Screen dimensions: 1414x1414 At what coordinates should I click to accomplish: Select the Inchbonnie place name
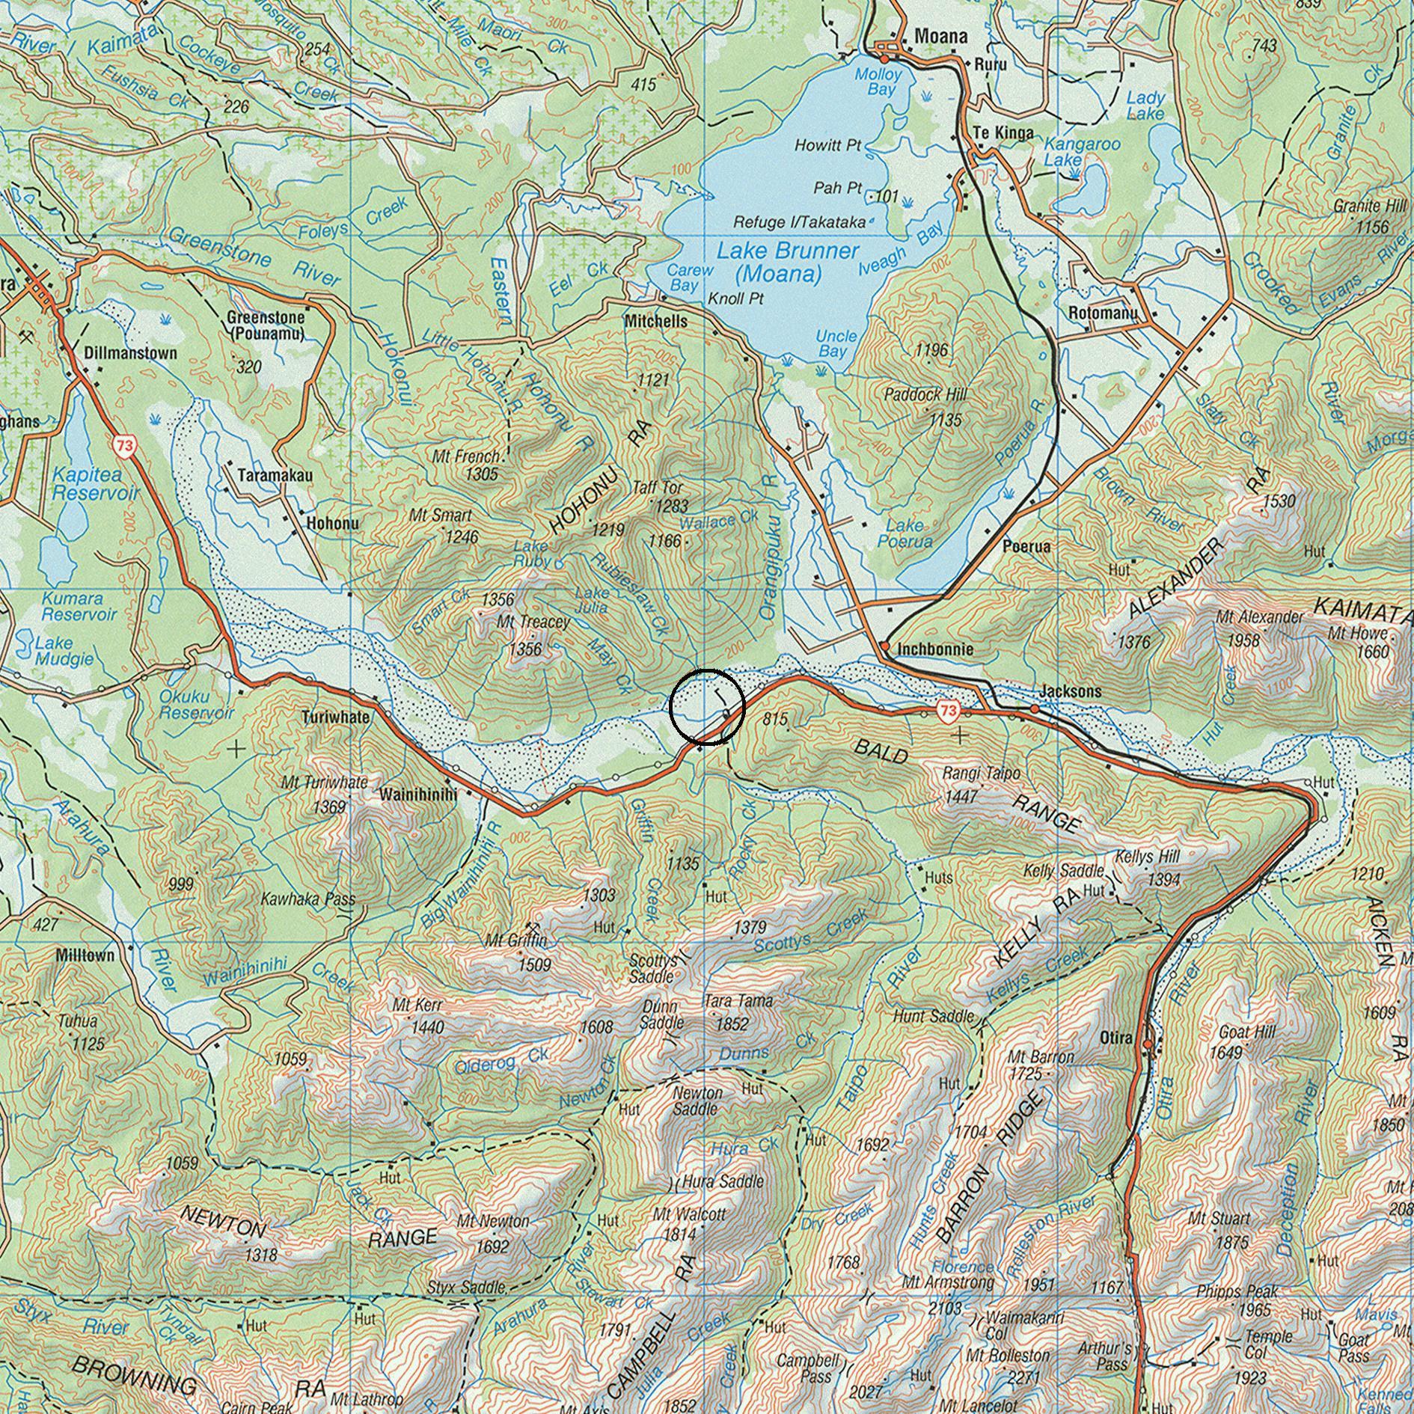pyautogui.click(x=935, y=649)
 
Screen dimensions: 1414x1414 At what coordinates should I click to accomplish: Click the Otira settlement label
pyautogui.click(x=1119, y=1040)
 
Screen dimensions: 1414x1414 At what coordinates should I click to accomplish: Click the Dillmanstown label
pyautogui.click(x=130, y=353)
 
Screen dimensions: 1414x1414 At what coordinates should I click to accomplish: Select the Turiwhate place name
pyautogui.click(x=336, y=717)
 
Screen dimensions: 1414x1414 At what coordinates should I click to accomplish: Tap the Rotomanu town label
pyautogui.click(x=1103, y=313)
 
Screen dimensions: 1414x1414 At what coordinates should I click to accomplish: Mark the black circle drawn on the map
pyautogui.click(x=707, y=707)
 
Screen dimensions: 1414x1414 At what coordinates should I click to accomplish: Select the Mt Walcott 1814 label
pyautogui.click(x=688, y=1224)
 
